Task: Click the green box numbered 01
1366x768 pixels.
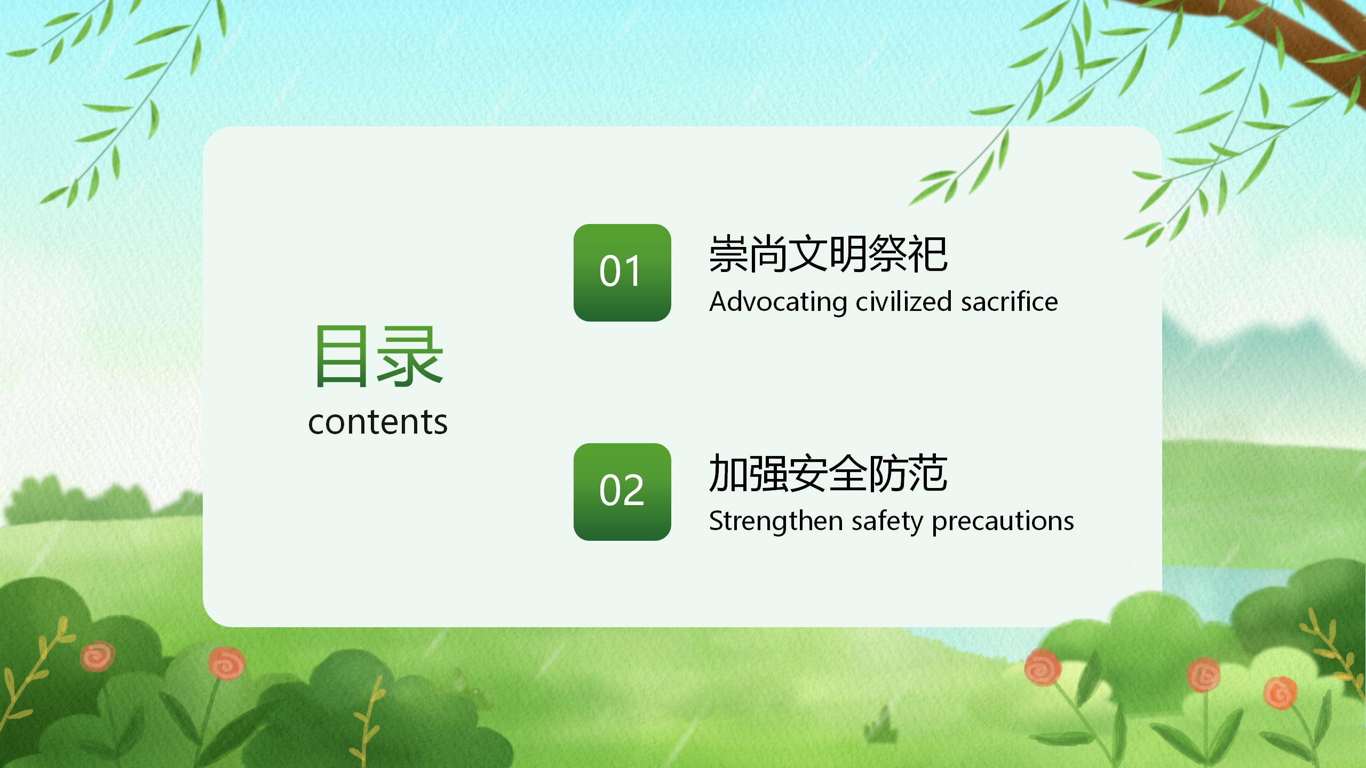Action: (x=622, y=273)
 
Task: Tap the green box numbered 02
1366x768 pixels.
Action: (x=622, y=492)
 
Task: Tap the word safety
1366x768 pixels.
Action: (x=887, y=522)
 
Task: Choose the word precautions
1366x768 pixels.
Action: (x=1003, y=522)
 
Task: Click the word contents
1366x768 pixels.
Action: (x=378, y=422)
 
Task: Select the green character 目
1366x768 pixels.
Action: (x=341, y=356)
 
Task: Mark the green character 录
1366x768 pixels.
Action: (x=410, y=356)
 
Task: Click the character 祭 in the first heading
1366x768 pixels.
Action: (x=888, y=254)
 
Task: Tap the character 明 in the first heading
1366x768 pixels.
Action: (x=848, y=254)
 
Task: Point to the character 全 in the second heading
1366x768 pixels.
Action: (x=848, y=473)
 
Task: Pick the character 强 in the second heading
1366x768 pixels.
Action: (x=768, y=473)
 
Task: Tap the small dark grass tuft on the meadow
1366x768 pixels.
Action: (x=879, y=725)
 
